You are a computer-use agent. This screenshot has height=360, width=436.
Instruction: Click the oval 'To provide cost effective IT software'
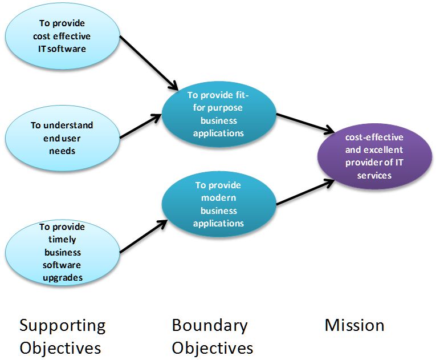pyautogui.click(x=62, y=36)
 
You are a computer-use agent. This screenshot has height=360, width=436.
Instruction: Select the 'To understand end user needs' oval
pyautogui.click(x=62, y=138)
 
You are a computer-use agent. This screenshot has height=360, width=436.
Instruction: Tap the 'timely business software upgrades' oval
pyautogui.click(x=62, y=252)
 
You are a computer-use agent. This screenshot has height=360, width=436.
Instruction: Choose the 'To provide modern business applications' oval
pyautogui.click(x=218, y=204)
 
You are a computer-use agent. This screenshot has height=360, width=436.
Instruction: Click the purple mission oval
pyautogui.click(x=374, y=156)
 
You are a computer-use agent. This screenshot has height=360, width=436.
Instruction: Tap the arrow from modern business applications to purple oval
pyautogui.click(x=305, y=192)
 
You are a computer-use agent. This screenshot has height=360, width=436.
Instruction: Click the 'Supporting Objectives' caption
pyautogui.click(x=62, y=336)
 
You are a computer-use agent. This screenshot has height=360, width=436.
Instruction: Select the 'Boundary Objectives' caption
pyautogui.click(x=213, y=336)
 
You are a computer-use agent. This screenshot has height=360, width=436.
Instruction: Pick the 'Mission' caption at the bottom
pyautogui.click(x=354, y=325)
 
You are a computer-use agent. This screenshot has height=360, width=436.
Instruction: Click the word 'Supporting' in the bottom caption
pyautogui.click(x=62, y=326)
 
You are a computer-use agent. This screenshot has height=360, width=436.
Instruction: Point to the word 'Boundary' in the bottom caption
pyautogui.click(x=210, y=326)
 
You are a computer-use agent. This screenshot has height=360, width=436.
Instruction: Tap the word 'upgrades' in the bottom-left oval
pyautogui.click(x=61, y=278)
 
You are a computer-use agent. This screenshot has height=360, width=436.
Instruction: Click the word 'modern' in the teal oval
pyautogui.click(x=218, y=197)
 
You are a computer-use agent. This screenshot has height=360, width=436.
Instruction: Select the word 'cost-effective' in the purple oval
pyautogui.click(x=374, y=137)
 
